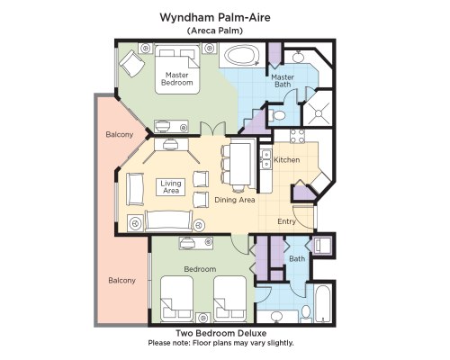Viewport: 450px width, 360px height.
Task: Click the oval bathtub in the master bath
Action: coord(242,55)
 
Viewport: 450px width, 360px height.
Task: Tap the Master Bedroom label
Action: coord(177,78)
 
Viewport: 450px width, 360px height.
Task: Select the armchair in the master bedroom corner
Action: coord(132,63)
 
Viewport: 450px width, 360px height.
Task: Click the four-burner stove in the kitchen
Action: coord(297,136)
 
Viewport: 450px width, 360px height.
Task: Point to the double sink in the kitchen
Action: coord(265,159)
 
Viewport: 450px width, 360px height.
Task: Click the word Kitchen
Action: coord(287,159)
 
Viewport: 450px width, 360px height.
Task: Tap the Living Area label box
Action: coord(171,187)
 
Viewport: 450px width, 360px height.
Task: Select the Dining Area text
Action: coord(235,200)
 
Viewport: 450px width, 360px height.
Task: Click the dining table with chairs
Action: coord(239,166)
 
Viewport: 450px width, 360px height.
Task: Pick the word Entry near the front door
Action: coord(286,221)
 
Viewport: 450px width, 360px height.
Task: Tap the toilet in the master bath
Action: coord(277,115)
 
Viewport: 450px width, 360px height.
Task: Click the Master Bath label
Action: coord(283,81)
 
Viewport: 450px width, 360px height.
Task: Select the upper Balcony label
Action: coord(120,134)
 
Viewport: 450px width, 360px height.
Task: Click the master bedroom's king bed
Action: coord(177,69)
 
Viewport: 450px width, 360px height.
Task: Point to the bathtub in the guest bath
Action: coord(323,303)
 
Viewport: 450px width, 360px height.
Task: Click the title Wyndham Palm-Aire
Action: coord(215,17)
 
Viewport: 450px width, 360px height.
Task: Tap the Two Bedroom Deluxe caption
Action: coord(221,333)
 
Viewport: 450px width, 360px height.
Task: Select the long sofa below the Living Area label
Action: coord(168,220)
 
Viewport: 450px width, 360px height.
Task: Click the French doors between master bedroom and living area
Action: coord(213,129)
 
